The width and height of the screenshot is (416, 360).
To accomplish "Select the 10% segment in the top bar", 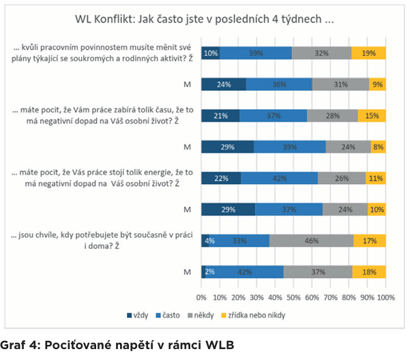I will [211, 53].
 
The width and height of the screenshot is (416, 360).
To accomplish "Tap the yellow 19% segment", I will [369, 53].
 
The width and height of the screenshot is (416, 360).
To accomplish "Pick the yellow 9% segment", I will [378, 84].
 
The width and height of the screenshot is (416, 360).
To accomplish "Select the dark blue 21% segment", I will [220, 116].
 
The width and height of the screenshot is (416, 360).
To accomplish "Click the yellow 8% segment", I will [378, 147].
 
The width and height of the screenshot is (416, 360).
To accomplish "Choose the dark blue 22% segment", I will [222, 178].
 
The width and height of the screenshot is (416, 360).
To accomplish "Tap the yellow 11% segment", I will [376, 178].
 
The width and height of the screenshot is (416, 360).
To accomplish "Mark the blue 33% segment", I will [239, 240].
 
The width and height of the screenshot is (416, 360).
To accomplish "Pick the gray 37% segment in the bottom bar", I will [318, 271].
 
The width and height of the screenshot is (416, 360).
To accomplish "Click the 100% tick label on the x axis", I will [385, 298].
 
